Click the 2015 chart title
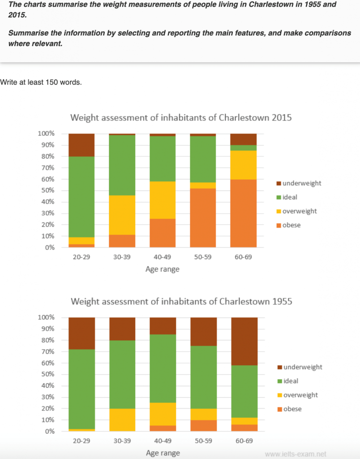[181, 118]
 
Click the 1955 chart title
[181, 301]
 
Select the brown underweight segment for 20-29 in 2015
[81, 145]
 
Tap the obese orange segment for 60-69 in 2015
[244, 213]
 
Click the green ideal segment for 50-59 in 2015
[203, 159]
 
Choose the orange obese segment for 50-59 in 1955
[203, 426]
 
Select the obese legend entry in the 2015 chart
[291, 225]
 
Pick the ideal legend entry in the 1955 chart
[291, 381]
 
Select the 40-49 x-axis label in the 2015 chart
[163, 257]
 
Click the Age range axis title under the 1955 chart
[163, 453]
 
